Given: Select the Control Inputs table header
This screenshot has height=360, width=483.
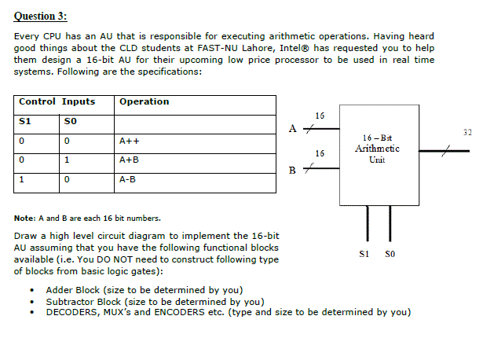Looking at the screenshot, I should click(57, 101).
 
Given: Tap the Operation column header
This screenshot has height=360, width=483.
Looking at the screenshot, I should click(144, 101).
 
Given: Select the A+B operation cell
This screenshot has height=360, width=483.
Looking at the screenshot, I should click(129, 160).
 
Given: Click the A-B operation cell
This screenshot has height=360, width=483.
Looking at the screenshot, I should click(128, 178).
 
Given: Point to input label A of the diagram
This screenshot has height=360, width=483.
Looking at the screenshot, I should click(293, 127).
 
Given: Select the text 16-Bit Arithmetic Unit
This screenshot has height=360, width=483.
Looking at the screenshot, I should click(377, 148).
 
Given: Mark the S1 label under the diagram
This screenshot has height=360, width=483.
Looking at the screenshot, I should click(363, 253).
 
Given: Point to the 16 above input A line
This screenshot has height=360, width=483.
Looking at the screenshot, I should click(320, 116).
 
